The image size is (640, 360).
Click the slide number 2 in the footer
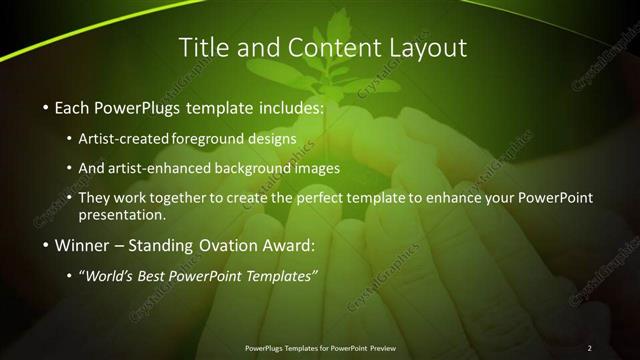[589, 348]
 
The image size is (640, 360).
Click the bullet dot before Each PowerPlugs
[45, 107]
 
